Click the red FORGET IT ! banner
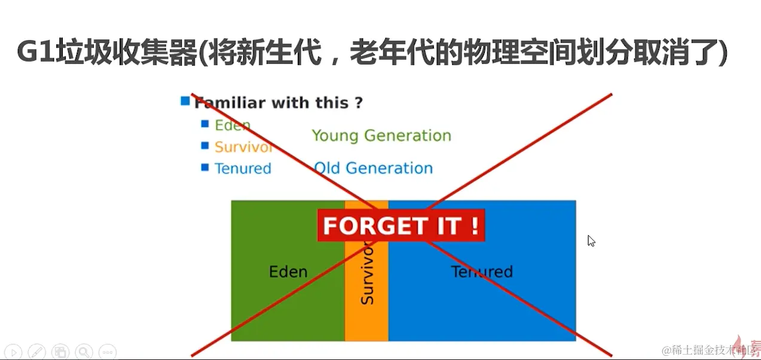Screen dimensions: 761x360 pyautogui.click(x=401, y=225)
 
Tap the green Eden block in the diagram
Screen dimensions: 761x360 pyautogui.click(x=288, y=289)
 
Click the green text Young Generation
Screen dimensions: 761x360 pyautogui.click(x=381, y=136)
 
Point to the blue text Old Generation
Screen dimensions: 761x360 pyautogui.click(x=373, y=168)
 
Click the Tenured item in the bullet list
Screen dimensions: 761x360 pyautogui.click(x=243, y=168)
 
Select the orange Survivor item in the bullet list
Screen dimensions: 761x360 pyautogui.click(x=243, y=147)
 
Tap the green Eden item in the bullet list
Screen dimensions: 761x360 pyautogui.click(x=233, y=125)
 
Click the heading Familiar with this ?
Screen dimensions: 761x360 pyautogui.click(x=279, y=103)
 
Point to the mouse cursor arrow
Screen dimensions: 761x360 pyautogui.click(x=591, y=240)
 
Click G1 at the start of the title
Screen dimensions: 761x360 pyautogui.click(x=36, y=51)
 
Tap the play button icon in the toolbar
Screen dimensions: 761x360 pyautogui.click(x=14, y=352)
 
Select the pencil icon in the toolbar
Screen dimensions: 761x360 pyautogui.click(x=36, y=352)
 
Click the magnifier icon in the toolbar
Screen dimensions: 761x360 pyautogui.click(x=84, y=352)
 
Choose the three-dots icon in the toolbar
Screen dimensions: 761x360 pyautogui.click(x=108, y=352)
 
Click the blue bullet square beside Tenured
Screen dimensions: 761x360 pyautogui.click(x=205, y=167)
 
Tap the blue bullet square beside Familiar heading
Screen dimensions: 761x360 pyautogui.click(x=185, y=101)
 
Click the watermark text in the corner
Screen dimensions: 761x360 pyautogui.click(x=708, y=350)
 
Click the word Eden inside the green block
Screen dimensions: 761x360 pyautogui.click(x=288, y=271)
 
